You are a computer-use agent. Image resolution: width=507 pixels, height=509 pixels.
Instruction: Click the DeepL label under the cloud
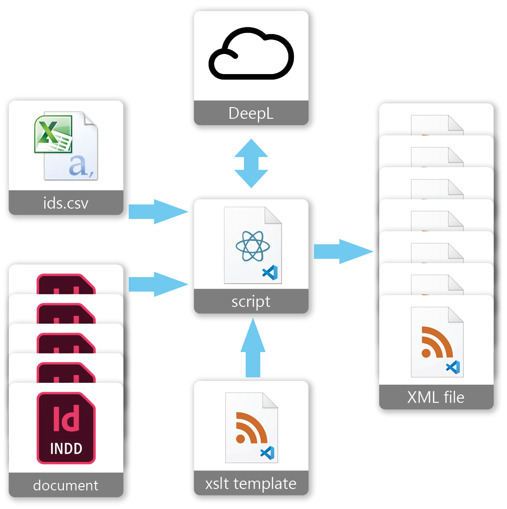[x=251, y=113]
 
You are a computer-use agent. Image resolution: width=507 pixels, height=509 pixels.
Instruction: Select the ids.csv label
[x=66, y=203]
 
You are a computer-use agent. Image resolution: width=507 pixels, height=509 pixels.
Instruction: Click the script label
[x=251, y=301]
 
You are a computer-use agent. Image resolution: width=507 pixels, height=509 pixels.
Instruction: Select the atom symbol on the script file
[x=252, y=246]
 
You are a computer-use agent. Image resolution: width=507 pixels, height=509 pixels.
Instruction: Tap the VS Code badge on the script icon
[x=270, y=272]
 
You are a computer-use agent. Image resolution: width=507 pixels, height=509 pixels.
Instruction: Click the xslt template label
[x=251, y=483]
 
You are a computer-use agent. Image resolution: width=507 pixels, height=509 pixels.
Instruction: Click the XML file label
[x=436, y=397]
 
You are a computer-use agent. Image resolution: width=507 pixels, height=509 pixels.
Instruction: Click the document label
[x=66, y=485]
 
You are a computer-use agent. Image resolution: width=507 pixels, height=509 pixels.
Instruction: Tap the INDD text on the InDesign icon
[x=66, y=448]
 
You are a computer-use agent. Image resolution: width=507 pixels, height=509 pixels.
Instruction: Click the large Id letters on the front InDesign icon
[x=66, y=419]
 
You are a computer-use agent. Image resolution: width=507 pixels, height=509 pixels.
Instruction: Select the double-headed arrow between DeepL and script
[x=251, y=163]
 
